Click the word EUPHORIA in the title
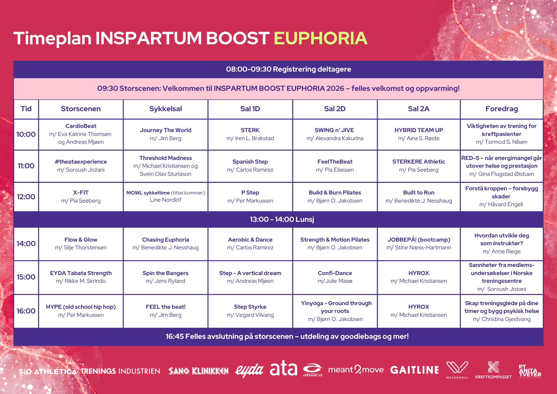tap(321, 38)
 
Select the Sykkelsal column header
tap(165, 109)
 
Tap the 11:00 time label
tap(26, 166)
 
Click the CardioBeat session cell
tap(81, 134)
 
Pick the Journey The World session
tap(165, 134)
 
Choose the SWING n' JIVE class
tap(335, 134)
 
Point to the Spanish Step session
tap(250, 166)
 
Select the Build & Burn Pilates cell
tap(335, 197)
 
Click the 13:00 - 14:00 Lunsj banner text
tap(282, 220)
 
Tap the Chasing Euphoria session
tap(165, 244)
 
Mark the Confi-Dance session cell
tap(335, 277)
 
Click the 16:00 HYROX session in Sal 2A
tap(419, 311)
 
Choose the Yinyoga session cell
tap(335, 311)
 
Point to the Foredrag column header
tap(502, 109)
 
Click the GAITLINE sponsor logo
tap(414, 370)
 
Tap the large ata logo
tap(284, 368)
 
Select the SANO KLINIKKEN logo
tap(198, 371)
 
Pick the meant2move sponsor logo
tap(356, 370)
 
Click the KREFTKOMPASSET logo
tap(493, 370)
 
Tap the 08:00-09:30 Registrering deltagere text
tap(289, 69)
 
